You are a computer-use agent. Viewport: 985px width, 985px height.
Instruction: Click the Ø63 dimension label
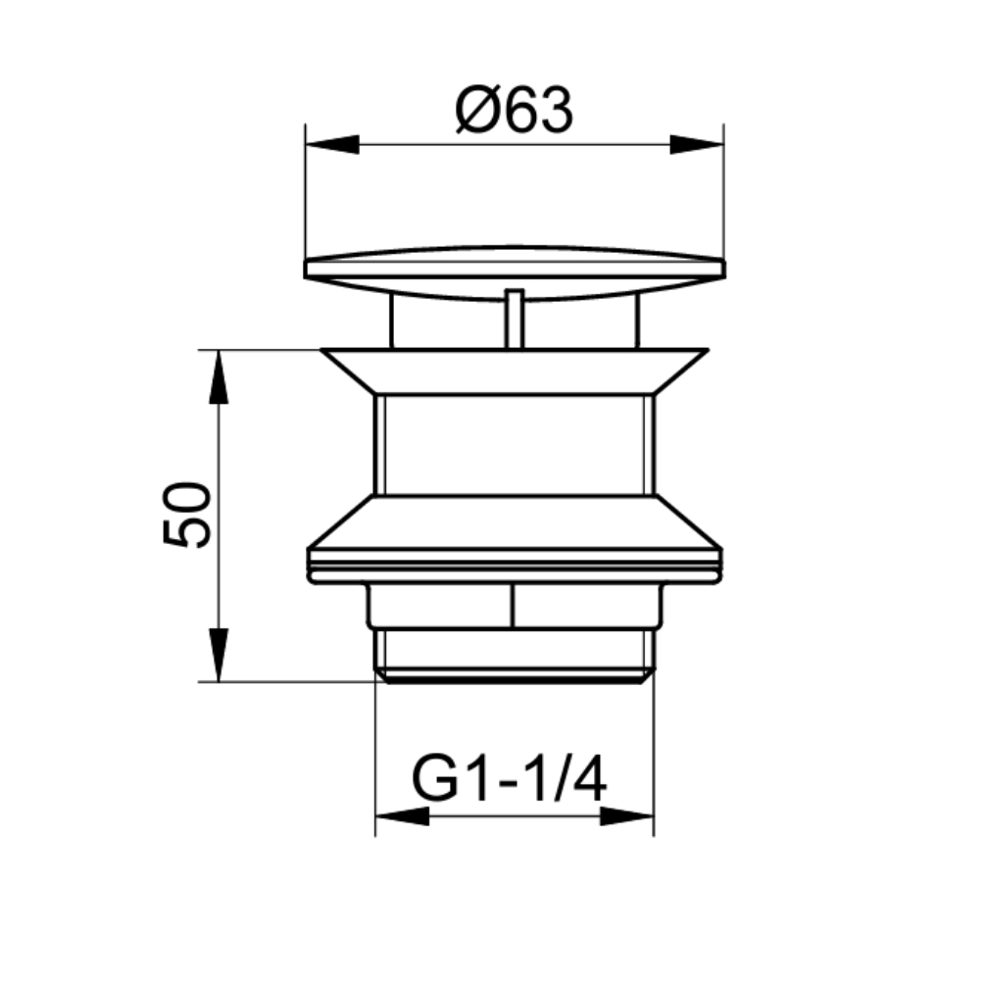tap(514, 111)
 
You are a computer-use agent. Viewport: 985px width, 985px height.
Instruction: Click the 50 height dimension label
tap(186, 515)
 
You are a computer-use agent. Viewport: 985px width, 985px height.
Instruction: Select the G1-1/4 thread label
tap(509, 779)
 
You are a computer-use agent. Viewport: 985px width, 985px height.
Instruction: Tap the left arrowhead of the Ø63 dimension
tap(331, 144)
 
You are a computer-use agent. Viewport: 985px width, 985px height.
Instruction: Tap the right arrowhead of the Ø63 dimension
tap(697, 144)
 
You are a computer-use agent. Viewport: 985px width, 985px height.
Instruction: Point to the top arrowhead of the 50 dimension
tap(219, 376)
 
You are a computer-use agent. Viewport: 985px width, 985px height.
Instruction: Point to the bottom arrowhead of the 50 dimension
tap(219, 655)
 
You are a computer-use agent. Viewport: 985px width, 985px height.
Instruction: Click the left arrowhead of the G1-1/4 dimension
tap(402, 816)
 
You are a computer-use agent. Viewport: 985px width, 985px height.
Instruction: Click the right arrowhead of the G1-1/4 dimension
tap(627, 816)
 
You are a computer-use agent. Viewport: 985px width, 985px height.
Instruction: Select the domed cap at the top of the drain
tap(515, 272)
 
